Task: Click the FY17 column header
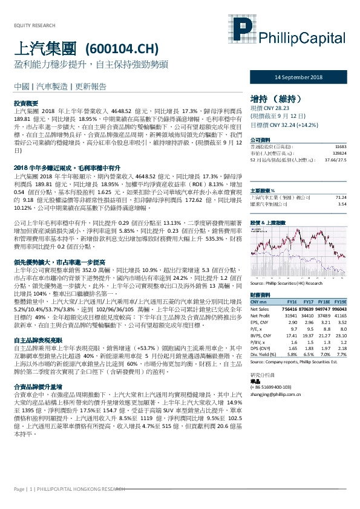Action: pyautogui.click(x=308, y=301)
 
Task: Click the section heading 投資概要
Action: pyautogui.click(x=26, y=103)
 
